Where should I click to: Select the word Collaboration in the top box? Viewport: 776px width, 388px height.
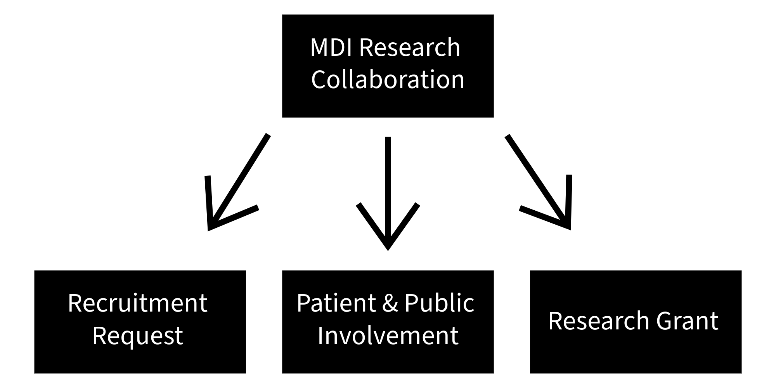click(388, 80)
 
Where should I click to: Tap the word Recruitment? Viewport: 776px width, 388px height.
click(138, 303)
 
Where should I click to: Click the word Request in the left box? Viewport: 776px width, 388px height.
click(138, 336)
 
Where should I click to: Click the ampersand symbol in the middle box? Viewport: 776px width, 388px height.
click(390, 304)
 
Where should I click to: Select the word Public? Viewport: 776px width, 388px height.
click(439, 303)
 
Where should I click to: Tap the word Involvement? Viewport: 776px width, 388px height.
click(388, 336)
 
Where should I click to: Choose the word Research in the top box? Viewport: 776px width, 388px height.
click(410, 47)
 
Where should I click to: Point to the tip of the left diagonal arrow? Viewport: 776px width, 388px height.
click(210, 229)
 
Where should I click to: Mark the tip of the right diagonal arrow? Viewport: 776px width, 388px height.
click(570, 229)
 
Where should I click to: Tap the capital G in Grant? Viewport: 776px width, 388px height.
click(665, 321)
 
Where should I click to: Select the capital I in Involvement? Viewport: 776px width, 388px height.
click(320, 336)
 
